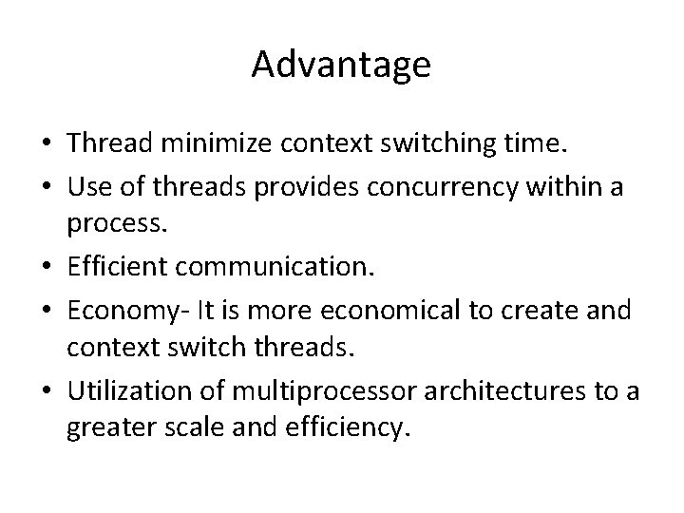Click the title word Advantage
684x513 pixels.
pos(342,66)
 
